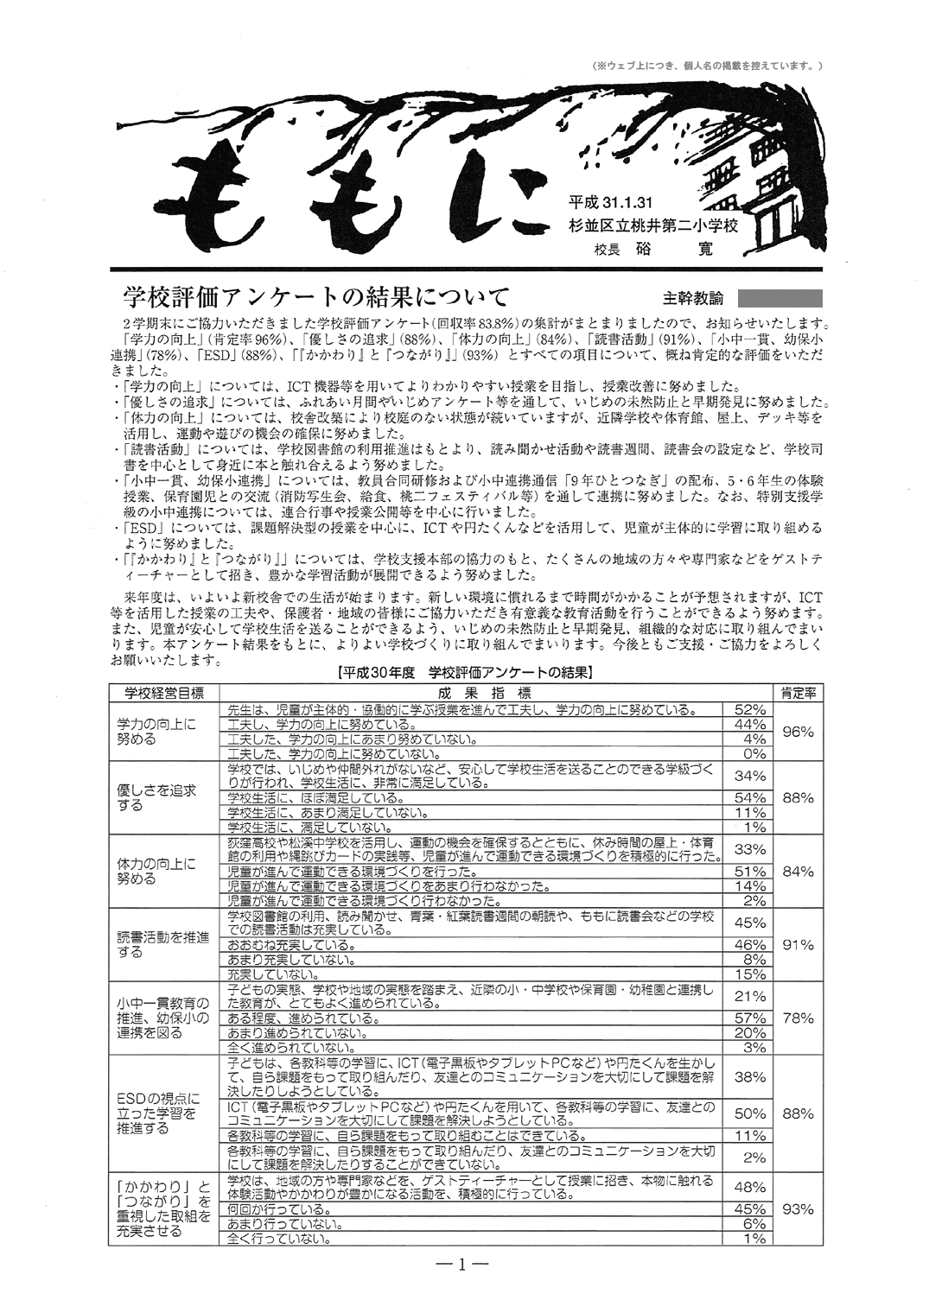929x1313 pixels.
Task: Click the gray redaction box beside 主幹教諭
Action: coord(780,298)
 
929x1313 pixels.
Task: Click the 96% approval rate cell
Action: coord(797,732)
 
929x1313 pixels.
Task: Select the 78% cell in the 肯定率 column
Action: coord(797,1018)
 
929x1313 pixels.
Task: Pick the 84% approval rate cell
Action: coord(797,872)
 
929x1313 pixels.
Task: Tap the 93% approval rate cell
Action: coord(797,1209)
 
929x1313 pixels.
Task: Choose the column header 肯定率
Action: coord(798,693)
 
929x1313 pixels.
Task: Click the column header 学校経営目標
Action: coord(164,693)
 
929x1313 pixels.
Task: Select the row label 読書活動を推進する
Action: coord(162,945)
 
